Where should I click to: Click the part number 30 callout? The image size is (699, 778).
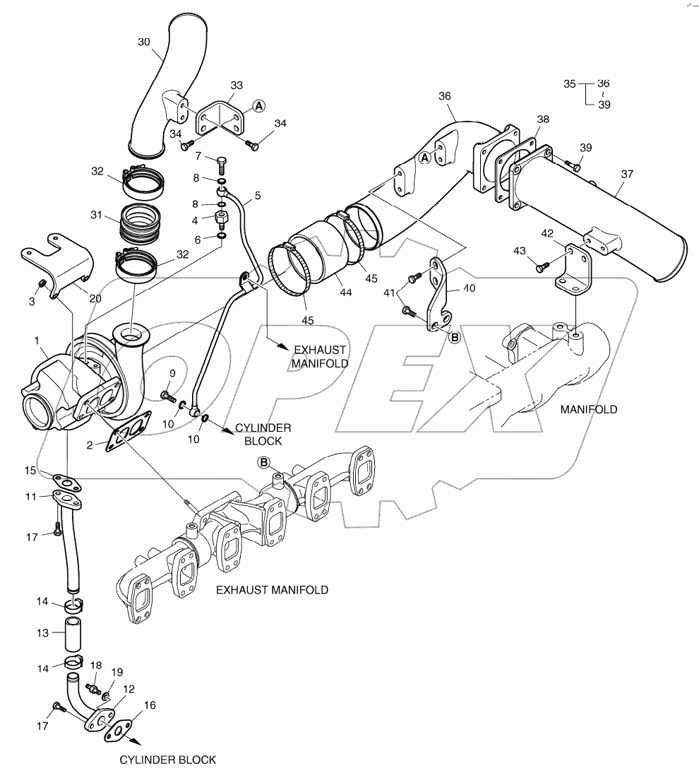coord(143,42)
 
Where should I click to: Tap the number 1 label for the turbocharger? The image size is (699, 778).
coord(37,341)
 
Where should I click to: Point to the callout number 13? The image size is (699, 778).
coord(42,633)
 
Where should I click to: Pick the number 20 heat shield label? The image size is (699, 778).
coord(95,298)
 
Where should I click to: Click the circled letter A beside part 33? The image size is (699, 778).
coord(259,105)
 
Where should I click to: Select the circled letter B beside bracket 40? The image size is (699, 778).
coord(455,338)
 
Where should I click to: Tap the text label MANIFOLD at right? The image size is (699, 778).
coord(588,409)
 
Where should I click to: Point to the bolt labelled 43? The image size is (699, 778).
coord(542,268)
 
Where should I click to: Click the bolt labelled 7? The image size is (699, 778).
coord(222,165)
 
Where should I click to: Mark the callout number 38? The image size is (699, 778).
coord(542,119)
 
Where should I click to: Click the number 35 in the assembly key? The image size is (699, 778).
coord(570,83)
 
